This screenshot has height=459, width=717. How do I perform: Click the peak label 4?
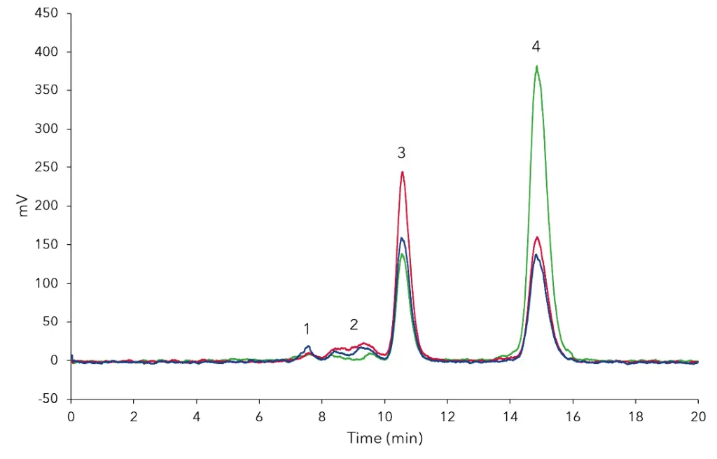coord(536,47)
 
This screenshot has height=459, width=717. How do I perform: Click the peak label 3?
coord(401,152)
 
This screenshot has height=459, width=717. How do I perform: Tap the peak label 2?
coord(354,324)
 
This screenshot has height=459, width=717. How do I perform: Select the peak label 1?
coord(307,328)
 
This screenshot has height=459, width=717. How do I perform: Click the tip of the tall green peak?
coord(536,67)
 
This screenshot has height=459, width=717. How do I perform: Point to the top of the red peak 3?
coord(403,172)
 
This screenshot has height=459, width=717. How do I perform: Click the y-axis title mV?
coord(24,206)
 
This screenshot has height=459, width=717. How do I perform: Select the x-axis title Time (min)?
coord(384,439)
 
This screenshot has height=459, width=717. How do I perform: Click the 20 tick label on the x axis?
coord(697,415)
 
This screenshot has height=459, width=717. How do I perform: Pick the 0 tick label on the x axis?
coord(71,415)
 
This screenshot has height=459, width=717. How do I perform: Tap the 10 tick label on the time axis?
coord(384,415)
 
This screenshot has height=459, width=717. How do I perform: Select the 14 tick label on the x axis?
coord(510,415)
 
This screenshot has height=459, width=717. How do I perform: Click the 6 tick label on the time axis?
coord(259,415)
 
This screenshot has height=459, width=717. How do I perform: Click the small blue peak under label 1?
coord(308,346)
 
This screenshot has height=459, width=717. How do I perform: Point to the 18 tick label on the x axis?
coord(635,415)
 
